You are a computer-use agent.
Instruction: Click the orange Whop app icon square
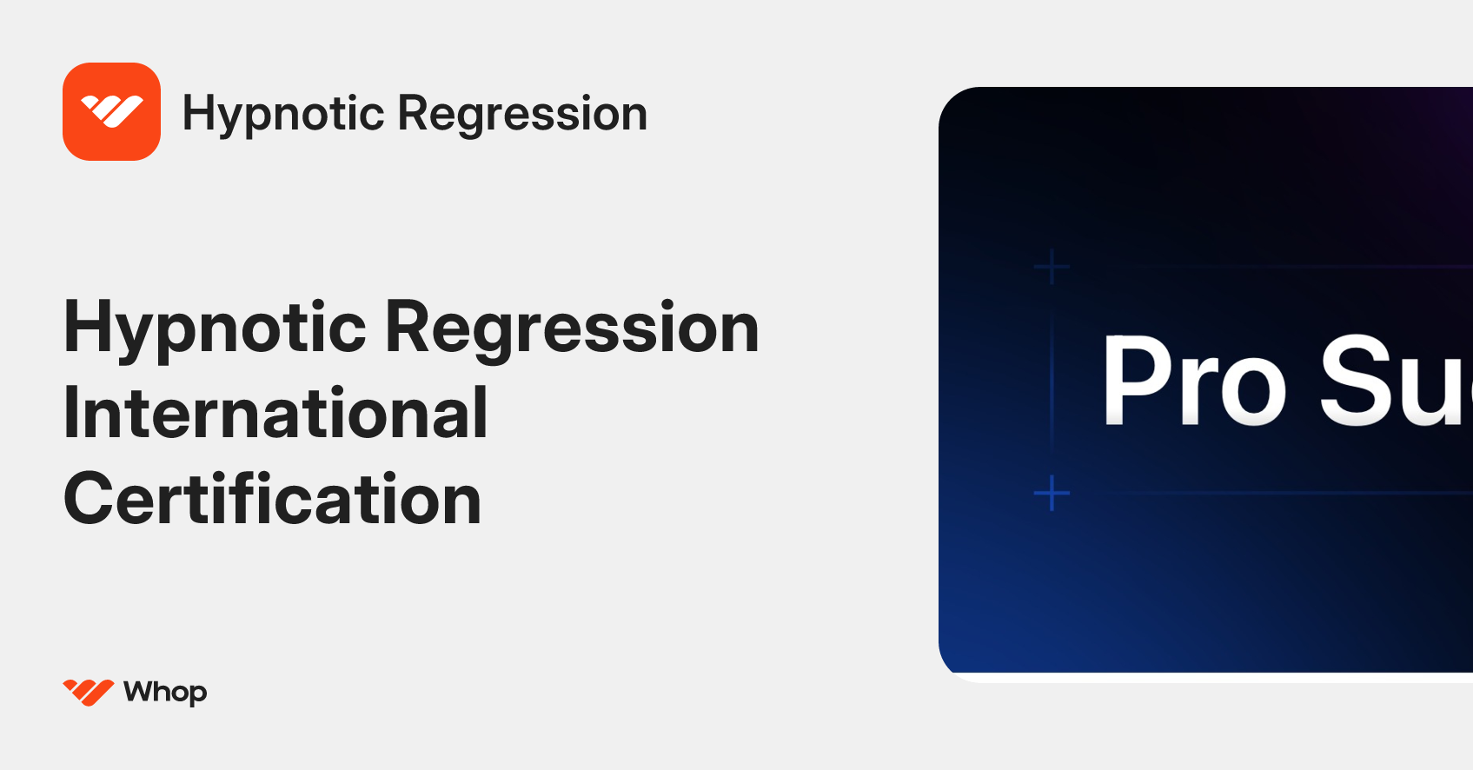click(111, 111)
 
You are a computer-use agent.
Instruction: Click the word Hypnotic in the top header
click(283, 114)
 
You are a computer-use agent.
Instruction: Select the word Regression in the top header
click(522, 114)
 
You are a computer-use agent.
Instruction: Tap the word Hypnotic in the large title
click(215, 329)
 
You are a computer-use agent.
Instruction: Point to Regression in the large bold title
click(572, 329)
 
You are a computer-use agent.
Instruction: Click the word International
click(275, 413)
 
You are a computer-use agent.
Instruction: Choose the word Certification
click(272, 499)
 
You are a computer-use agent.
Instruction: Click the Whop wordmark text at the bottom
click(165, 692)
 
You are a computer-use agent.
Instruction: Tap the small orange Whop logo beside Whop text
click(88, 692)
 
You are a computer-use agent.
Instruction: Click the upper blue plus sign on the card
click(1052, 267)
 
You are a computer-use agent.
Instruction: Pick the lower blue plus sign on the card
click(1052, 493)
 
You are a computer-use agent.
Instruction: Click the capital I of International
click(70, 413)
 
